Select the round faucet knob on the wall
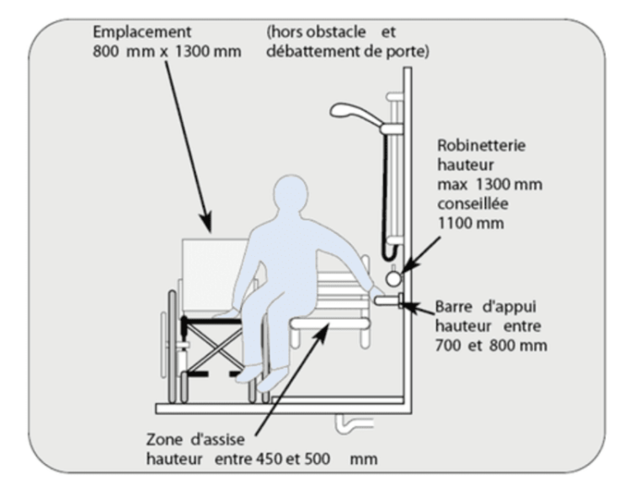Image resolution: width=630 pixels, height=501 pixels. tap(393, 277)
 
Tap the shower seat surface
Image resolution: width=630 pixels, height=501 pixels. tap(328, 321)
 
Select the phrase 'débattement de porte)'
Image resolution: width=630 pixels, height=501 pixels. tap(348, 51)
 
